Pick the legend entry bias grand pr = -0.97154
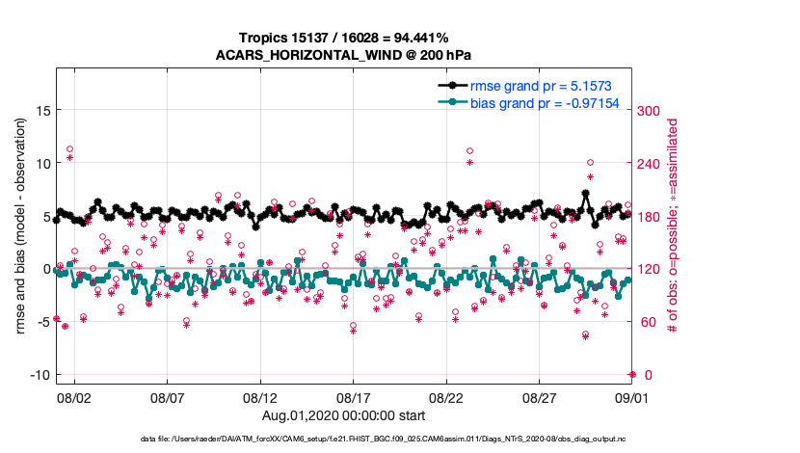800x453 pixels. point(544,102)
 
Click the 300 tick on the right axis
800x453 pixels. point(651,111)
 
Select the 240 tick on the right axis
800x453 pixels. point(651,164)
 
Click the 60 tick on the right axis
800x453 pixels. point(647,322)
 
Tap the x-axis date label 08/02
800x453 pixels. point(74,397)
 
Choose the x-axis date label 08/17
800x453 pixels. point(354,397)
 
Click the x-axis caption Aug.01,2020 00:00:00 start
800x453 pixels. point(344,414)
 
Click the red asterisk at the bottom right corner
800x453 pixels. point(631,374)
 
